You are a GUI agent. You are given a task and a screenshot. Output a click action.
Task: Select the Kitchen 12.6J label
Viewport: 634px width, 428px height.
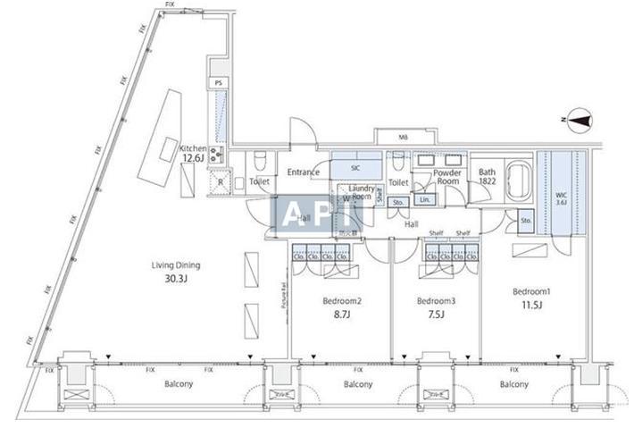[x=193, y=154]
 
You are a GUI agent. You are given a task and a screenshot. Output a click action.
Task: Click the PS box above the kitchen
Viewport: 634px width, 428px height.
[x=219, y=82]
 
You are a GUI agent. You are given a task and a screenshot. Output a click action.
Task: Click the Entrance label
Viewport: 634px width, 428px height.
[x=304, y=172]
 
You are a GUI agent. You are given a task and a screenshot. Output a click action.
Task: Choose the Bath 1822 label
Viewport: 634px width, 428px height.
[x=487, y=176]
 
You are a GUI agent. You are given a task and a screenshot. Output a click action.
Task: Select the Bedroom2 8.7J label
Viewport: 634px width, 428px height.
[x=340, y=307]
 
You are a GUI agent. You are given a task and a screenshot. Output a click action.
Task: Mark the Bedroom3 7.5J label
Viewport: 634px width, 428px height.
[x=436, y=307]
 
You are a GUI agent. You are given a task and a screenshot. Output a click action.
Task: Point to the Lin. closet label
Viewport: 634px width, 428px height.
[x=425, y=199]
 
